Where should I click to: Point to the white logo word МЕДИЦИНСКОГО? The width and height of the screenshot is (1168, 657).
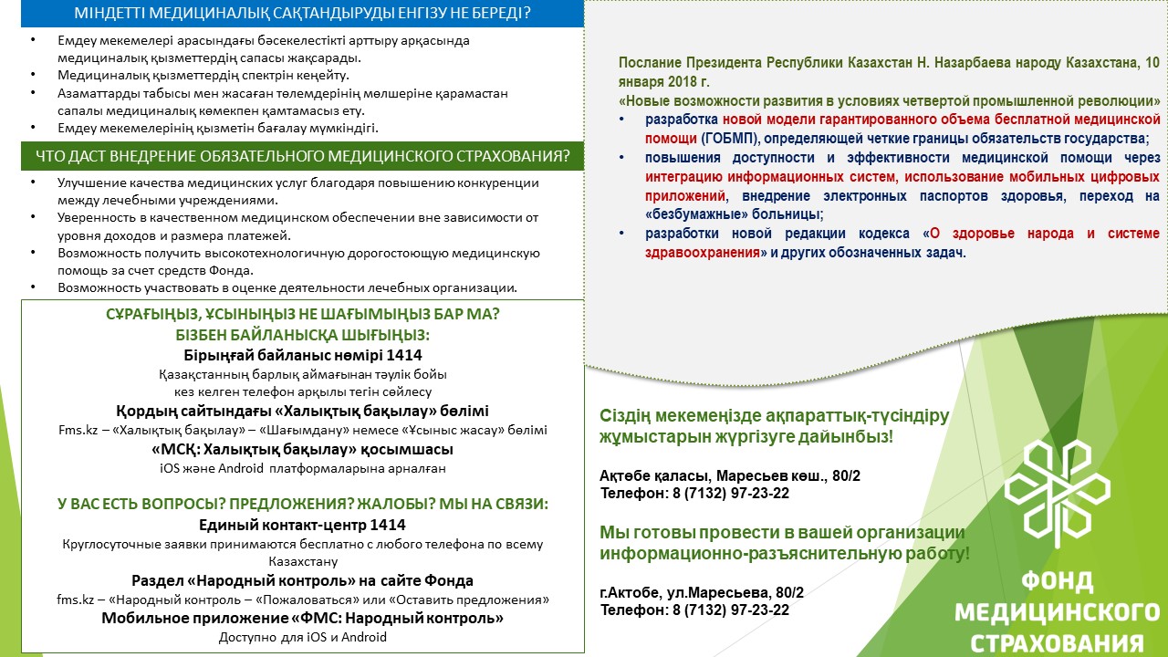coord(1057,611)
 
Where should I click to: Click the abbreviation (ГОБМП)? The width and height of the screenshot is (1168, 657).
coord(726,138)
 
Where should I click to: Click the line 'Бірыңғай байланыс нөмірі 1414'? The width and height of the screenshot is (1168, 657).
coord(302,355)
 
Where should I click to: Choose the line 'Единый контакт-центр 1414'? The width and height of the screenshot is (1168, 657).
coord(302,525)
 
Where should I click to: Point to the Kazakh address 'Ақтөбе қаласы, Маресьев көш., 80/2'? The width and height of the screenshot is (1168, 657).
coord(730,476)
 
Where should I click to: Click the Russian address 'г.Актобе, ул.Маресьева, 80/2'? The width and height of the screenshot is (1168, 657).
coord(702,592)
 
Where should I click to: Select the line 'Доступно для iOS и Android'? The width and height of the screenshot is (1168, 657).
coord(302,637)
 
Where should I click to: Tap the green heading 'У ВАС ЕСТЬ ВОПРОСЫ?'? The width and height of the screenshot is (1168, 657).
coord(302,504)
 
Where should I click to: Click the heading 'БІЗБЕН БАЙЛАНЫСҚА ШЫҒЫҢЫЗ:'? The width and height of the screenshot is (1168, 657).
coord(302,334)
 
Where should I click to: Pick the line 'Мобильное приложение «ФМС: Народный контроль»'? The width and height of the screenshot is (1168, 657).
coord(302,618)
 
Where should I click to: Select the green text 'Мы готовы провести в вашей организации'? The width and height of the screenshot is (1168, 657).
coord(782,532)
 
